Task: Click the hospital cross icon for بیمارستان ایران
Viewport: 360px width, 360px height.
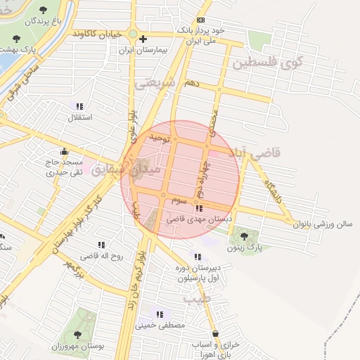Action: [143, 39]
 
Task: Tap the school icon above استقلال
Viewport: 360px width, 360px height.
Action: [79, 106]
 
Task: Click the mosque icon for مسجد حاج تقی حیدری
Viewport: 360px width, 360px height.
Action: [65, 150]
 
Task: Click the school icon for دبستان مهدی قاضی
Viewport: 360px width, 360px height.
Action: [199, 208]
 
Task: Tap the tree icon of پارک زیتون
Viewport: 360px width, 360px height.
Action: [243, 236]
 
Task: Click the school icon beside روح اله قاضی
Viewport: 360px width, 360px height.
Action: [102, 245]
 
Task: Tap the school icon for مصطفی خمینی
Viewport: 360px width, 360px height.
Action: [160, 314]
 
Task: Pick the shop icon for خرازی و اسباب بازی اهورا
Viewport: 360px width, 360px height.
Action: [214, 334]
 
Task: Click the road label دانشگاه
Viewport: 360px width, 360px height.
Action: [274, 193]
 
